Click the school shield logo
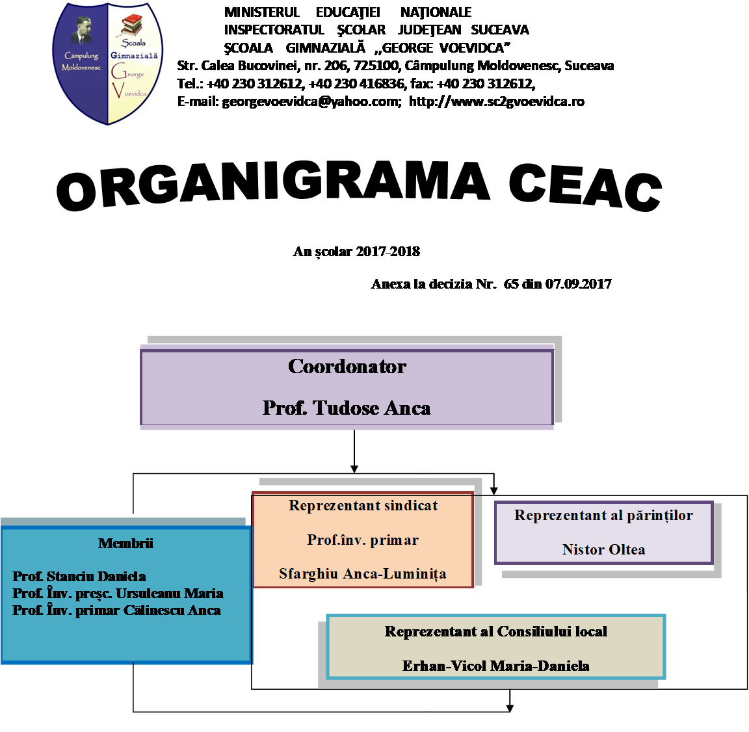pos(108,63)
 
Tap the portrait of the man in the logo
pos(81,33)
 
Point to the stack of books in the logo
pos(132,26)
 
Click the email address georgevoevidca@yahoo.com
pos(311,101)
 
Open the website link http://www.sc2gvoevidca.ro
pos(496,101)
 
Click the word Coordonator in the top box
pos(347,367)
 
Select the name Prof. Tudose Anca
pos(347,408)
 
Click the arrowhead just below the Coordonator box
pos(354,468)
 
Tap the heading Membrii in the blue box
pos(125,543)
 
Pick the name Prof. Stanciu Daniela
pos(79,577)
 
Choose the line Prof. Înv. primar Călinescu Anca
pos(117,610)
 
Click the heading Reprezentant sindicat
pos(363,506)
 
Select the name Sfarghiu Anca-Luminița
pos(363,574)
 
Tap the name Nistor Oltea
pos(603,550)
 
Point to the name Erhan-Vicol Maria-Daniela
pos(495,666)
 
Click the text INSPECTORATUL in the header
pos(274,30)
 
